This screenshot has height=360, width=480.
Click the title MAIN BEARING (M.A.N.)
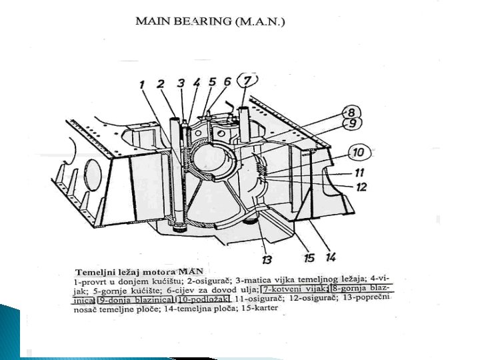click(x=211, y=21)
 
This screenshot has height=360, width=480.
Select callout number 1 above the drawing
click(x=142, y=84)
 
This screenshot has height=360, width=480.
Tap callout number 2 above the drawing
click(x=161, y=83)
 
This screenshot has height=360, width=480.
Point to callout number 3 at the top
click(x=181, y=83)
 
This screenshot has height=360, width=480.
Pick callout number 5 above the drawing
click(x=212, y=82)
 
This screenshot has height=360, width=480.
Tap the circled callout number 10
click(x=358, y=153)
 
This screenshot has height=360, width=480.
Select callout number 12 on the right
click(x=361, y=187)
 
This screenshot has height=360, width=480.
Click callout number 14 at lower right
click(x=331, y=255)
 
